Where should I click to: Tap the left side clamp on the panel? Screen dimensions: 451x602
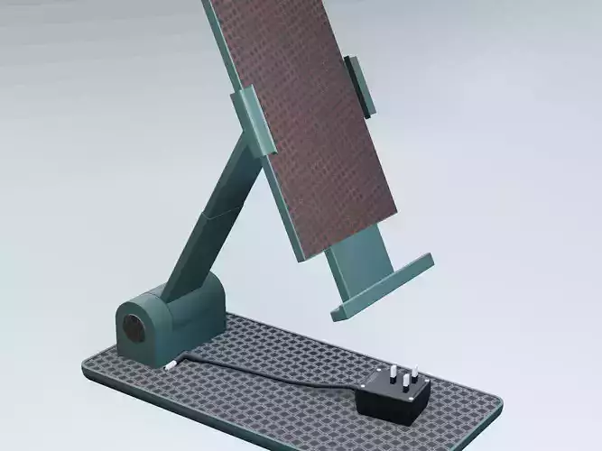249,119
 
